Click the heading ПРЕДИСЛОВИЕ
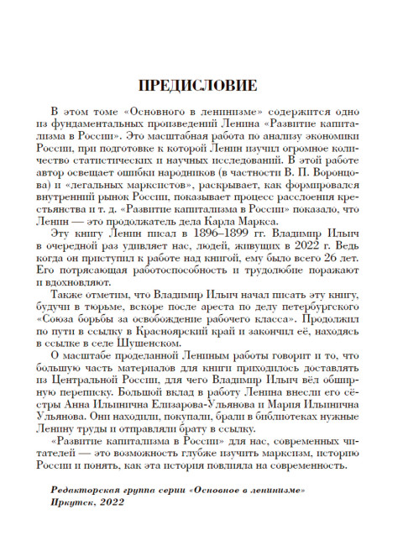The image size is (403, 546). tap(201, 86)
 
